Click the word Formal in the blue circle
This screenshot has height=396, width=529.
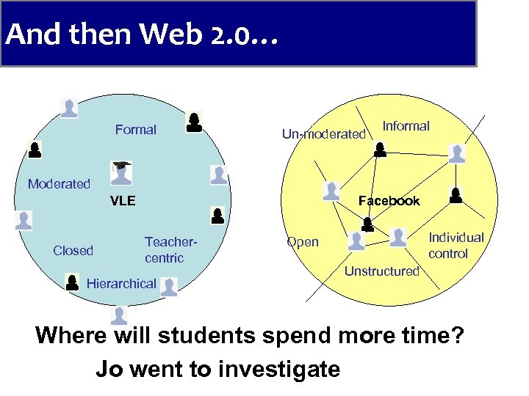pyautogui.click(x=135, y=130)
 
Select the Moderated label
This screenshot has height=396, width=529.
pyautogui.click(x=59, y=184)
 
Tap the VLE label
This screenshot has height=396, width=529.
pyautogui.click(x=123, y=201)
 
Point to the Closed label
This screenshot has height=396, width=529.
pyautogui.click(x=73, y=251)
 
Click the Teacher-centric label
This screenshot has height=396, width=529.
pyautogui.click(x=170, y=249)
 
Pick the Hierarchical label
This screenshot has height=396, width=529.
pyautogui.click(x=121, y=284)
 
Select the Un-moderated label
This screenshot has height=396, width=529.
pyautogui.click(x=323, y=134)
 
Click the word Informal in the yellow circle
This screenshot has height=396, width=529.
pyautogui.click(x=406, y=126)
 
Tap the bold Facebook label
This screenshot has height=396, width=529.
pyautogui.click(x=389, y=201)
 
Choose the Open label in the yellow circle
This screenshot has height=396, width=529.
pyautogui.click(x=303, y=242)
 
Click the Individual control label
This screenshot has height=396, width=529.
pyautogui.click(x=456, y=246)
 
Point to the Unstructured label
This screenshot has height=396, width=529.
pyautogui.click(x=381, y=271)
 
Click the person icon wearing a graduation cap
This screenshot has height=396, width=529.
pyautogui.click(x=120, y=172)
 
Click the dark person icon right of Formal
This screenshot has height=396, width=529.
pyautogui.click(x=194, y=122)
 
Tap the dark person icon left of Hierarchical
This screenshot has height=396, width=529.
pyautogui.click(x=72, y=282)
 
